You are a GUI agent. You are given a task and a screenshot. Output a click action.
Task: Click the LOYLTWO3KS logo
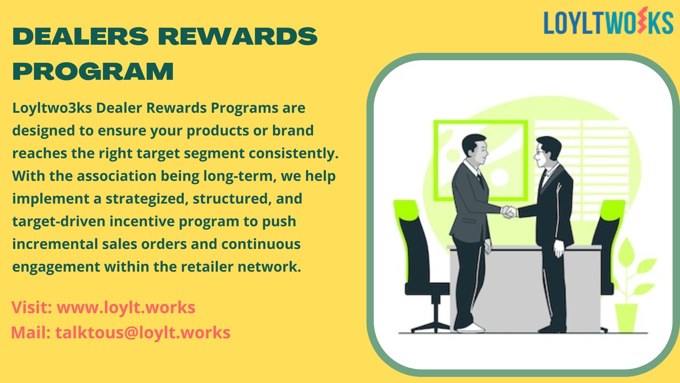pyautogui.click(x=608, y=22)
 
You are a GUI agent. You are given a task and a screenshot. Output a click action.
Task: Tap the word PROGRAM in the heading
pyautogui.click(x=93, y=71)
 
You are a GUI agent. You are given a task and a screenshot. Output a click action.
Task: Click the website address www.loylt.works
pyautogui.click(x=126, y=307)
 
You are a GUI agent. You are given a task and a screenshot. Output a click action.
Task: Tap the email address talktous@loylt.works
pyautogui.click(x=143, y=333)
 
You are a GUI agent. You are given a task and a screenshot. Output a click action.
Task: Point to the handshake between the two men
pyautogui.click(x=509, y=212)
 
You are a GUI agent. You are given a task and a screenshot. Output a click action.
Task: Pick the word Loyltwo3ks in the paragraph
pyautogui.click(x=52, y=108)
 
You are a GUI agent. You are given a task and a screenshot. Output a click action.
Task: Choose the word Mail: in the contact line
pyautogui.click(x=31, y=333)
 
